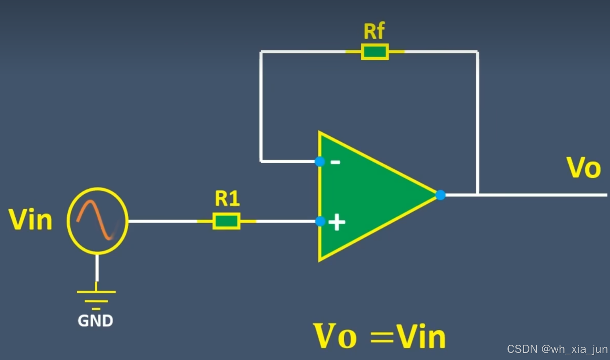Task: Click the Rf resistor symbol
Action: pyautogui.click(x=375, y=52)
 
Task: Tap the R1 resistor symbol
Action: pyautogui.click(x=226, y=221)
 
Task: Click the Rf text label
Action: pyautogui.click(x=374, y=31)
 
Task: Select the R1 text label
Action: pyautogui.click(x=227, y=199)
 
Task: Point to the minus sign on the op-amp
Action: pyautogui.click(x=336, y=162)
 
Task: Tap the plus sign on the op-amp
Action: pyautogui.click(x=337, y=222)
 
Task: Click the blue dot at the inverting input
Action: pyautogui.click(x=319, y=161)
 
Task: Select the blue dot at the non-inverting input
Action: pyautogui.click(x=320, y=221)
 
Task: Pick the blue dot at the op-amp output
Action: pyautogui.click(x=441, y=195)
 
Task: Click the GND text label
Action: pyautogui.click(x=95, y=321)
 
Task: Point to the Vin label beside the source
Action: pyautogui.click(x=31, y=219)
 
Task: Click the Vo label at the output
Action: pyautogui.click(x=584, y=168)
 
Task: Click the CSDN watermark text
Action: pyautogui.click(x=557, y=349)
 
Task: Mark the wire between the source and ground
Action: pyautogui.click(x=97, y=268)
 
